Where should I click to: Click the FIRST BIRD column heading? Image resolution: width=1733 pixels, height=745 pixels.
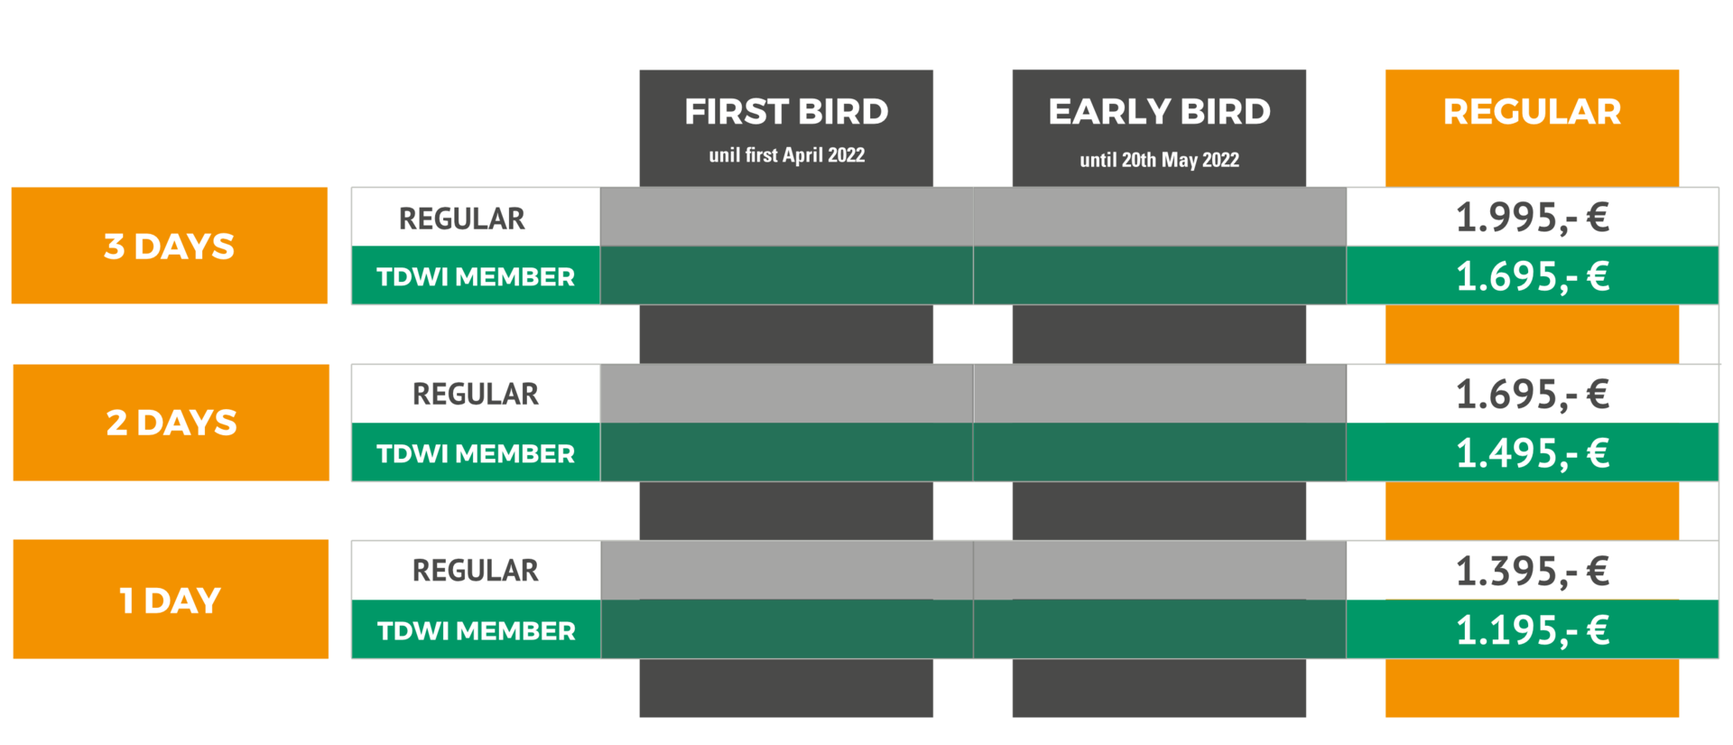tap(786, 112)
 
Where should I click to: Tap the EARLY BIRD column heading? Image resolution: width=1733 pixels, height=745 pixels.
tap(1159, 112)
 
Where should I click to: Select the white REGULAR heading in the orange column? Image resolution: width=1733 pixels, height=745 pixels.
tap(1532, 112)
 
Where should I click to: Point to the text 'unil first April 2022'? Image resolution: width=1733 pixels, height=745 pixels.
tap(786, 155)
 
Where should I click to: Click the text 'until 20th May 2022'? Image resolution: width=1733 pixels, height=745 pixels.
tap(1159, 160)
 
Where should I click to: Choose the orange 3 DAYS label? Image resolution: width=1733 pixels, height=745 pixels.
tap(169, 247)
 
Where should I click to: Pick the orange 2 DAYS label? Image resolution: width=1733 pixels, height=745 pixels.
tap(171, 423)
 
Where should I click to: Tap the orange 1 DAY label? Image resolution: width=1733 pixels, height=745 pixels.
tap(170, 601)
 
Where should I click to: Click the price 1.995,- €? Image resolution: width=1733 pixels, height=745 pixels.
tap(1532, 218)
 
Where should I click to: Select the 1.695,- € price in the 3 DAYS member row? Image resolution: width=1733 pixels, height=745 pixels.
tap(1532, 276)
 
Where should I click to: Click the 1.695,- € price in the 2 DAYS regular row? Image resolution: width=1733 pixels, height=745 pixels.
tap(1532, 395)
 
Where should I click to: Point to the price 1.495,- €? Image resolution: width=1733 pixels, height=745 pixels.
tap(1532, 453)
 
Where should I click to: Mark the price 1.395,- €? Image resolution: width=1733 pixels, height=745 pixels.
tap(1532, 572)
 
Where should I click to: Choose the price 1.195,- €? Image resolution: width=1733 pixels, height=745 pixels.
tap(1532, 630)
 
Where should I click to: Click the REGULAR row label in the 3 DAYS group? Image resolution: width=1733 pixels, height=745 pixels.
tap(461, 219)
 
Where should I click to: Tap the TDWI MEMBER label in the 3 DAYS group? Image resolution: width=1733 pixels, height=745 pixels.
tap(476, 276)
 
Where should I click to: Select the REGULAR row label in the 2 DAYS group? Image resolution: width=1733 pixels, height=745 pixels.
tap(476, 394)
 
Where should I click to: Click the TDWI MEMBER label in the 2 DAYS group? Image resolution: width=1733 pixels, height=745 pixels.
tap(476, 453)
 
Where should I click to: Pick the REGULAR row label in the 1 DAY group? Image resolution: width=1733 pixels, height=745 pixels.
tap(476, 571)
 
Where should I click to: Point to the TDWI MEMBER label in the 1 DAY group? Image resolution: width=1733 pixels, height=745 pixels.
tap(476, 630)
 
